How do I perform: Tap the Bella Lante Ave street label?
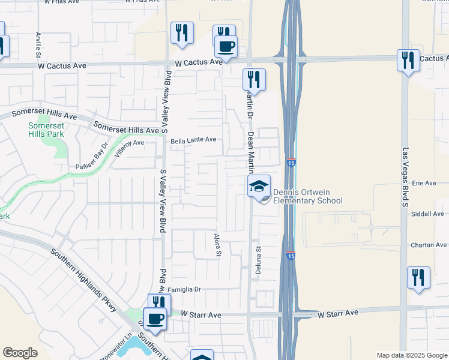click(193, 140)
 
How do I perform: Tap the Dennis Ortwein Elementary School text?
click(307, 197)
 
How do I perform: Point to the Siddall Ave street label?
click(428, 213)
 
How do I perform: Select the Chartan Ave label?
click(429, 245)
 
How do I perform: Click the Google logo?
click(20, 353)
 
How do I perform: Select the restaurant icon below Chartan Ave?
click(418, 277)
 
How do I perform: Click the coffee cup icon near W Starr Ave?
click(155, 319)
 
